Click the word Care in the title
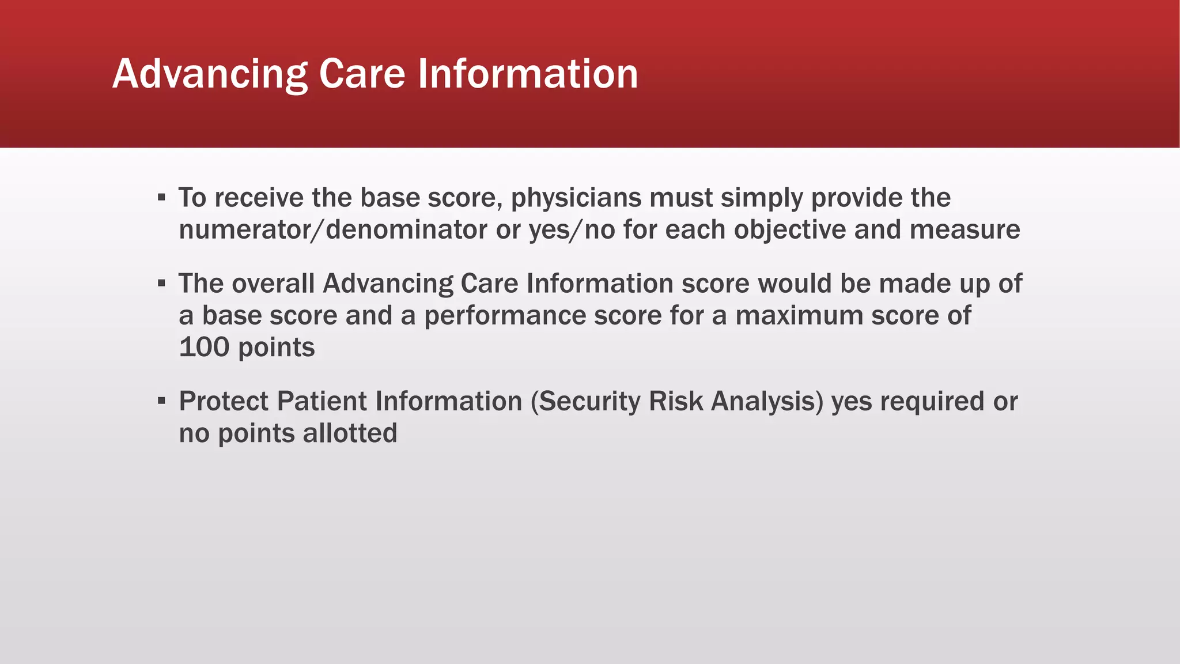[x=362, y=74]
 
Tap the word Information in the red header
[x=527, y=74]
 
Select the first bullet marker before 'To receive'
[x=162, y=198]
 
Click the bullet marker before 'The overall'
[x=162, y=284]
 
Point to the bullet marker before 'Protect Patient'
[x=162, y=401]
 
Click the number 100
[x=204, y=348]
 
